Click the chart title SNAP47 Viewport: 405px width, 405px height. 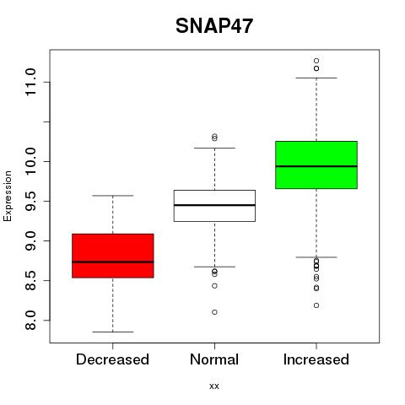[214, 26]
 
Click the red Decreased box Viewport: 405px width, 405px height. [113, 256]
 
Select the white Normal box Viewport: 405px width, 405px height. [214, 206]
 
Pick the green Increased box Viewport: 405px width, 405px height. [316, 165]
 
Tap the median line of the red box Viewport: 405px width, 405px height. [113, 262]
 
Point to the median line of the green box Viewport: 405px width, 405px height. [316, 166]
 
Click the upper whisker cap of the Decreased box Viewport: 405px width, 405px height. [113, 196]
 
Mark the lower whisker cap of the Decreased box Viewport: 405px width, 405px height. [113, 332]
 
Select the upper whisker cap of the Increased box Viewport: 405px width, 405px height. [316, 78]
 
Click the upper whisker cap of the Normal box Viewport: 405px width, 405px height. [214, 148]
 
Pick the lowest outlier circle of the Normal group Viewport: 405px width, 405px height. [214, 312]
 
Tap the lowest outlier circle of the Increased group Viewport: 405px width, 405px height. [316, 305]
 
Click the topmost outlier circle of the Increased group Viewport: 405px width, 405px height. [316, 61]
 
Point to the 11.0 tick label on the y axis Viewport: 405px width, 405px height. [30, 82]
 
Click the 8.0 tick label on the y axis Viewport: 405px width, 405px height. [30, 321]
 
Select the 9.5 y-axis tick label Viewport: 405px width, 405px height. [30, 202]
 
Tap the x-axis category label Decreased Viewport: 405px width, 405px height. [112, 359]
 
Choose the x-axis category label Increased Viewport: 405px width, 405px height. [316, 359]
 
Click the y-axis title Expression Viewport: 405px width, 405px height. [8, 196]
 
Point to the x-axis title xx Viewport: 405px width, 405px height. [214, 386]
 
